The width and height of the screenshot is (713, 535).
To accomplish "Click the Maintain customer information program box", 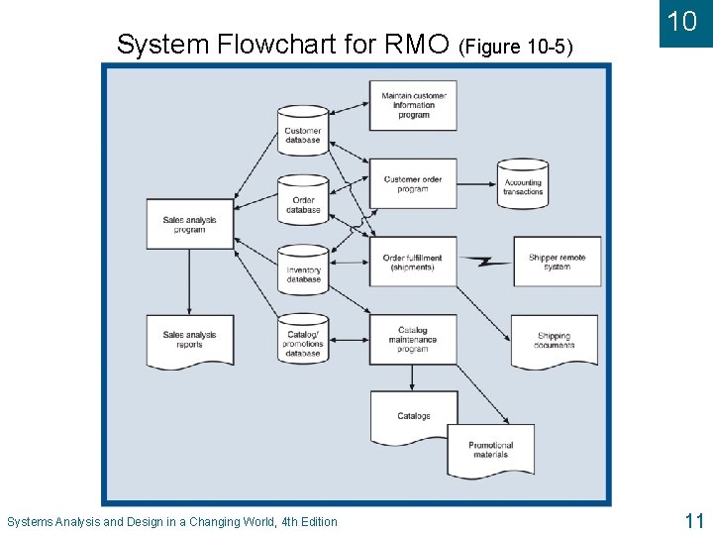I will pos(413,105).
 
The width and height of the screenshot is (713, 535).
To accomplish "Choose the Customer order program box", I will pos(413,183).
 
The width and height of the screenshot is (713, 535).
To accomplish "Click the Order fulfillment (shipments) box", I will pos(413,262).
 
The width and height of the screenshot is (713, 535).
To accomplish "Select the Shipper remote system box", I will pos(557,262).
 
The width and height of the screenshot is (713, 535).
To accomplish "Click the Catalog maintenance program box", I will pos(413,339).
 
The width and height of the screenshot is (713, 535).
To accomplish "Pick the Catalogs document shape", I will pos(414,417).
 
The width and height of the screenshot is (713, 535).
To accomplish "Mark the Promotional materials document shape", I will pos(491,450).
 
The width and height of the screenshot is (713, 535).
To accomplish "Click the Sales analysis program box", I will pos(189,225).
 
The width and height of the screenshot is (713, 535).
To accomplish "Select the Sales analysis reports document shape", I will pos(189,340).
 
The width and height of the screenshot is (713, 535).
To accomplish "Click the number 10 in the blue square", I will pos(683,22).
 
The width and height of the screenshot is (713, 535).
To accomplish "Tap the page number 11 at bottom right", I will pos(693,520).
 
